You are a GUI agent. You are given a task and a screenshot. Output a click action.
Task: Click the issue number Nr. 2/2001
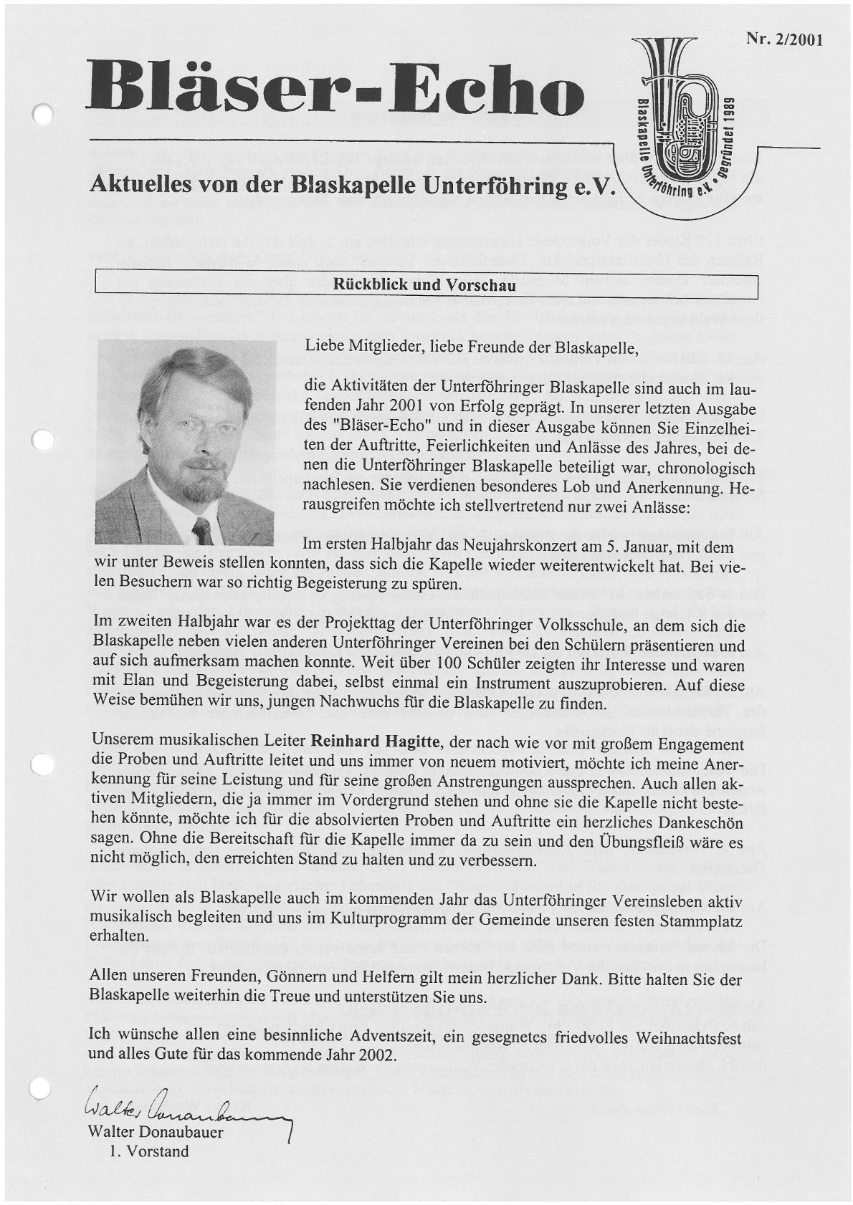(x=784, y=40)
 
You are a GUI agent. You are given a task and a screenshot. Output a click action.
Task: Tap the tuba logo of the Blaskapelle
(x=677, y=115)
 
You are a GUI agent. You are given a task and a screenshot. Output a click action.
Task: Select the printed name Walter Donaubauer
(x=156, y=1133)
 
